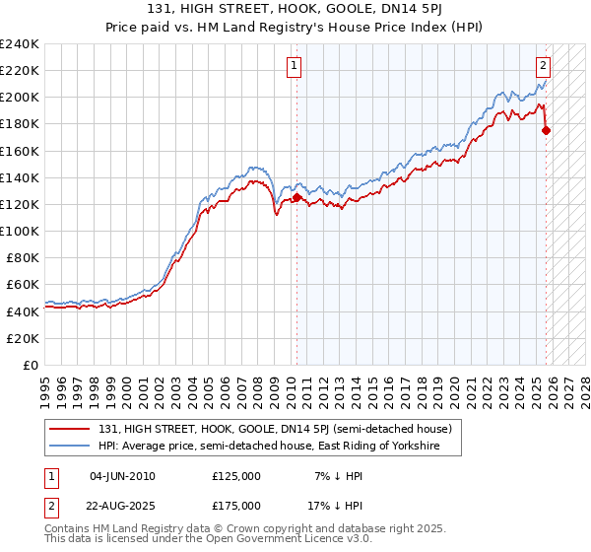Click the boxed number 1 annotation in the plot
[x=294, y=67]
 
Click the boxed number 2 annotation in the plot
[x=543, y=67]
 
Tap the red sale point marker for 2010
[x=296, y=197]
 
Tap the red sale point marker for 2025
[x=547, y=130]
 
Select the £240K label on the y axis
[x=20, y=44]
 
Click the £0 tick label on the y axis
[x=32, y=365]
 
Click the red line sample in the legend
[x=70, y=429]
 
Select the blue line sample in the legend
[x=70, y=447]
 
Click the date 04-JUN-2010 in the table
[x=122, y=476]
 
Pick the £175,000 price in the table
[x=236, y=505]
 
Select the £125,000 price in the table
[x=236, y=476]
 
